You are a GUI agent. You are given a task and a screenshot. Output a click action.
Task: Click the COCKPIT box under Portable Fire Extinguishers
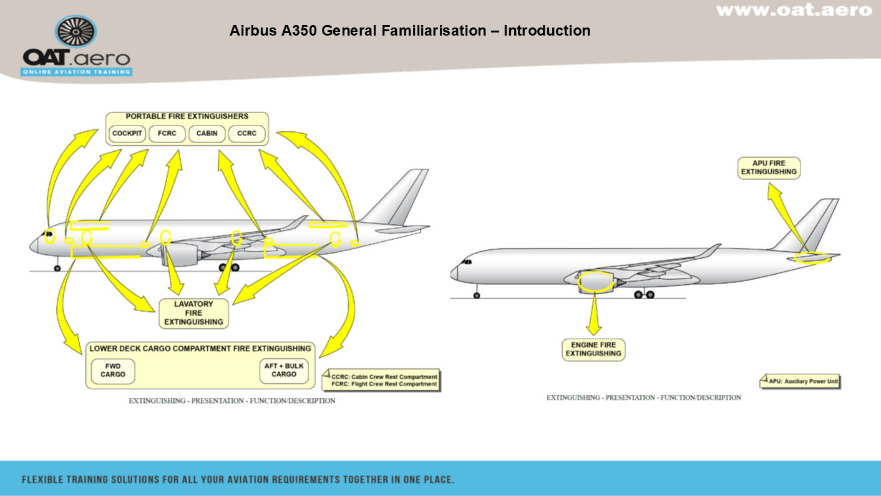[127, 134]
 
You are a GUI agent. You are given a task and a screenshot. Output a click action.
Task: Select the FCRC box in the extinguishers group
[167, 134]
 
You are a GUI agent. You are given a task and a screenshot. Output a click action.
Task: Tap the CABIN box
[207, 134]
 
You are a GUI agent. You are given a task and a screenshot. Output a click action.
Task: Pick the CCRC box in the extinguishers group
[247, 134]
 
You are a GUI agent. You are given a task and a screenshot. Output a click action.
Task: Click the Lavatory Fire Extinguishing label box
[193, 313]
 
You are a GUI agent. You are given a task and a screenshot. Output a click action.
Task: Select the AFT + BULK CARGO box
[284, 370]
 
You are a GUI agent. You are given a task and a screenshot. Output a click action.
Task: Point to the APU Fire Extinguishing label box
[769, 167]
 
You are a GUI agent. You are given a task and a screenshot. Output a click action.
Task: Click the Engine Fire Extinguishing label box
[593, 349]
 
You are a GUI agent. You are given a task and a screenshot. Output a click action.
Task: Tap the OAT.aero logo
[77, 47]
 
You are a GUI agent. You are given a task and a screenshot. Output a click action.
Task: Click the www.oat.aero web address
[794, 10]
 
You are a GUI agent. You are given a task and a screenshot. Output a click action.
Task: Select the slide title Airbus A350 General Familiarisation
[410, 31]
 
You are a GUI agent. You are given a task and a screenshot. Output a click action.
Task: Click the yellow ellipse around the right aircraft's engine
[595, 282]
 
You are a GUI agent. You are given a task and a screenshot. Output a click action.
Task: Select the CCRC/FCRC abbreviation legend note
[381, 380]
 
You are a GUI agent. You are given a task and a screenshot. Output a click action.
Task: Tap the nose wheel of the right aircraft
[477, 295]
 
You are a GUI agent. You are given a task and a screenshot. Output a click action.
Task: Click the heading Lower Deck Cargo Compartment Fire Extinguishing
[200, 349]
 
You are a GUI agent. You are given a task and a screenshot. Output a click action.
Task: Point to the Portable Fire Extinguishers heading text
[187, 116]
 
